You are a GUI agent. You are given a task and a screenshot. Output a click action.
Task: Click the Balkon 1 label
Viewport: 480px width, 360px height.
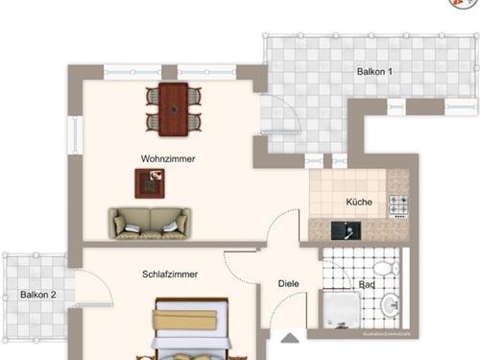[x=373, y=71]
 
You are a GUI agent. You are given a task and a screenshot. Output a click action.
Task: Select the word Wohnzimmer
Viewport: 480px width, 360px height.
[x=168, y=158]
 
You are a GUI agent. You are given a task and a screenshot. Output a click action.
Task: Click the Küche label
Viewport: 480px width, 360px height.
[x=359, y=203]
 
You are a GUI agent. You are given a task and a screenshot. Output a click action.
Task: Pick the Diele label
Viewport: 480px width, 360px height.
[x=288, y=283]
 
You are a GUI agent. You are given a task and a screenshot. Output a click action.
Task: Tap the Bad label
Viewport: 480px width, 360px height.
[x=367, y=285]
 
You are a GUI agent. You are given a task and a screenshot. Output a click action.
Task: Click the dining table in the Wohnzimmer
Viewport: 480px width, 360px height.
[x=174, y=108]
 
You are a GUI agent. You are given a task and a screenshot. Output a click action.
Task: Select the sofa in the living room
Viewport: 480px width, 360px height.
[x=149, y=223]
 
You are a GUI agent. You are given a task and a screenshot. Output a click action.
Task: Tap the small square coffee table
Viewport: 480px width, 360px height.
[x=149, y=181]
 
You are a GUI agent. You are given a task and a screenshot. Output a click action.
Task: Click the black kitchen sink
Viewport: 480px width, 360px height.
[x=343, y=229]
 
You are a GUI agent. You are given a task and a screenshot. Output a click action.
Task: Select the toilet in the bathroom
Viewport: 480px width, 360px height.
[x=385, y=266]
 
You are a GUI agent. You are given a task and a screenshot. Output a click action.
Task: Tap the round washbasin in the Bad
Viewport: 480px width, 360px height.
[x=391, y=306]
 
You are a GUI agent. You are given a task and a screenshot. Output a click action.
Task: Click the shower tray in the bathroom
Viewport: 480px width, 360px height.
[x=341, y=309]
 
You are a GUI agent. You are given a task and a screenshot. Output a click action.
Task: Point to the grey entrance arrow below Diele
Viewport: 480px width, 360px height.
[x=289, y=337]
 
